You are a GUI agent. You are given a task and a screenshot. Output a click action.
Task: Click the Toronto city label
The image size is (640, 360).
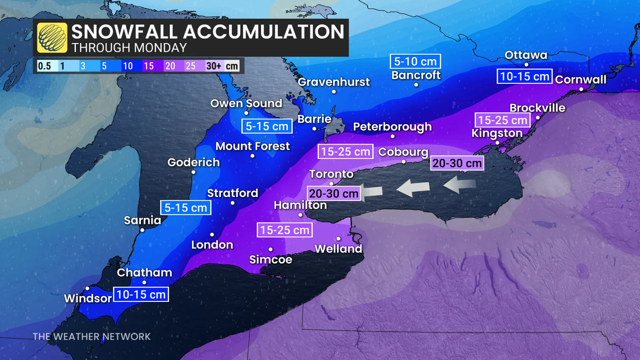pos(331,174)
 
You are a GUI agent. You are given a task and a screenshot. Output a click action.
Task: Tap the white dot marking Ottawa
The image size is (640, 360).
pos(526,65)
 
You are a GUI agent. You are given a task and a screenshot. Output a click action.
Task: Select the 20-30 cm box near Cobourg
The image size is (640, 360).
pos(457,163)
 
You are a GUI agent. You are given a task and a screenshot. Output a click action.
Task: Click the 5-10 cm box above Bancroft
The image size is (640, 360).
pos(415,62)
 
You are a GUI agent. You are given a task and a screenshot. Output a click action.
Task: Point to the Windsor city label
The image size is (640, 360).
pos(88,298)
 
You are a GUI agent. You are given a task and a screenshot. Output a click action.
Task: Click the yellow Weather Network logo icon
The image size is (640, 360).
pos(52,38)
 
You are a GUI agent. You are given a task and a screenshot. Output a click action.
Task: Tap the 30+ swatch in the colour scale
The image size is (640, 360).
pos(214,66)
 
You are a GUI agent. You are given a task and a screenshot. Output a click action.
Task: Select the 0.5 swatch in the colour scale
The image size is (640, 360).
pos(44,66)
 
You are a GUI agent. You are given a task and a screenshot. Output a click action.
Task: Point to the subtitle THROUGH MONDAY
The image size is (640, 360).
pos(129,48)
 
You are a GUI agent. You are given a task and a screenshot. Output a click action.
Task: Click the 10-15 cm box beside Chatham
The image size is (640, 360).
pos(141,294)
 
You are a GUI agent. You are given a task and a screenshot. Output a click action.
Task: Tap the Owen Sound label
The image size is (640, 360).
pos(246,104)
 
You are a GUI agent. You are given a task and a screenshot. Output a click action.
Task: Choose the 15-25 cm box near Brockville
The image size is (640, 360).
pos(502,120)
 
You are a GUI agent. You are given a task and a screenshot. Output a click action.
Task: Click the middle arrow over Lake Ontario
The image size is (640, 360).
pos(413,188)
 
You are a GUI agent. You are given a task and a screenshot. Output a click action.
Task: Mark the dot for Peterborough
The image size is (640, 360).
pos(393,136)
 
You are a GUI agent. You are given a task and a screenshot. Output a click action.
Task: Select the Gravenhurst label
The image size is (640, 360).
pos(334,82)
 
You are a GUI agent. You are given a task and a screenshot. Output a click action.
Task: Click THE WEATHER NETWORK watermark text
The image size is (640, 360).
pos(92,337)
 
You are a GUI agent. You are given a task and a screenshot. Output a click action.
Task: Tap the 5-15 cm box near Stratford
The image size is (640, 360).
pos(185,208)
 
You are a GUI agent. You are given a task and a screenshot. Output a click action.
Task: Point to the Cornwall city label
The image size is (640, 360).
pos(581,80)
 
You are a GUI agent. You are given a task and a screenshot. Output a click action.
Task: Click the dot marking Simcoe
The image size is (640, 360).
pos(271,249)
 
